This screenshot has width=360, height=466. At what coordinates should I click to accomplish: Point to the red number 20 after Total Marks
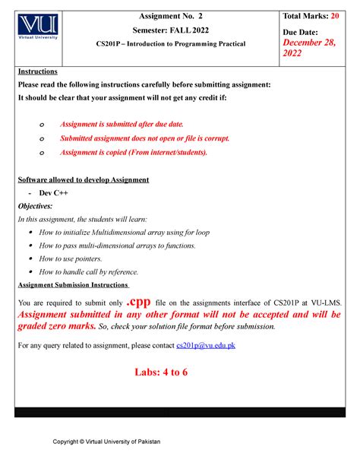tap(337, 16)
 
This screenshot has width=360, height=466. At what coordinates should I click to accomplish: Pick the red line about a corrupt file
tap(144, 138)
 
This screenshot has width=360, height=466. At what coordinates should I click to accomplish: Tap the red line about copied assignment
tap(132, 152)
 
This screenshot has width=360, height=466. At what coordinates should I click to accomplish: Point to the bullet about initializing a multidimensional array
tap(124, 233)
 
